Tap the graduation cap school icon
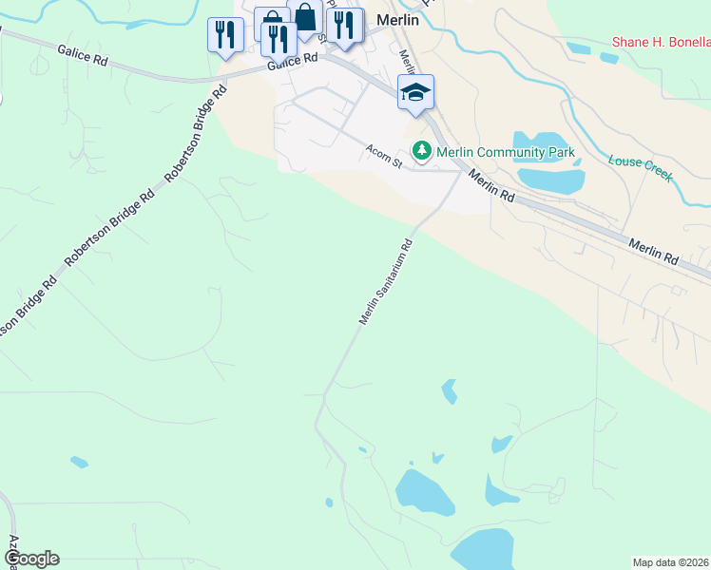pos(415,93)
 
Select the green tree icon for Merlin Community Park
pos(421,151)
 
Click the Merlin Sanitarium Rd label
pos(387,282)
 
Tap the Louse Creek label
pos(640,163)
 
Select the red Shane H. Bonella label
pos(661,42)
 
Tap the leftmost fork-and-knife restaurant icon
pos(225,35)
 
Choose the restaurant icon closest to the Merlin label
pos(344,26)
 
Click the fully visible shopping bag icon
pos(305,18)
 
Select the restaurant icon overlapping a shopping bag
pos(277,39)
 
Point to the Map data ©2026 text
pos(671,562)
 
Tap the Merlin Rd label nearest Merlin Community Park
pos(492,185)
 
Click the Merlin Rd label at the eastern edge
pos(653,252)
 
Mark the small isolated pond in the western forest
pos(79,463)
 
